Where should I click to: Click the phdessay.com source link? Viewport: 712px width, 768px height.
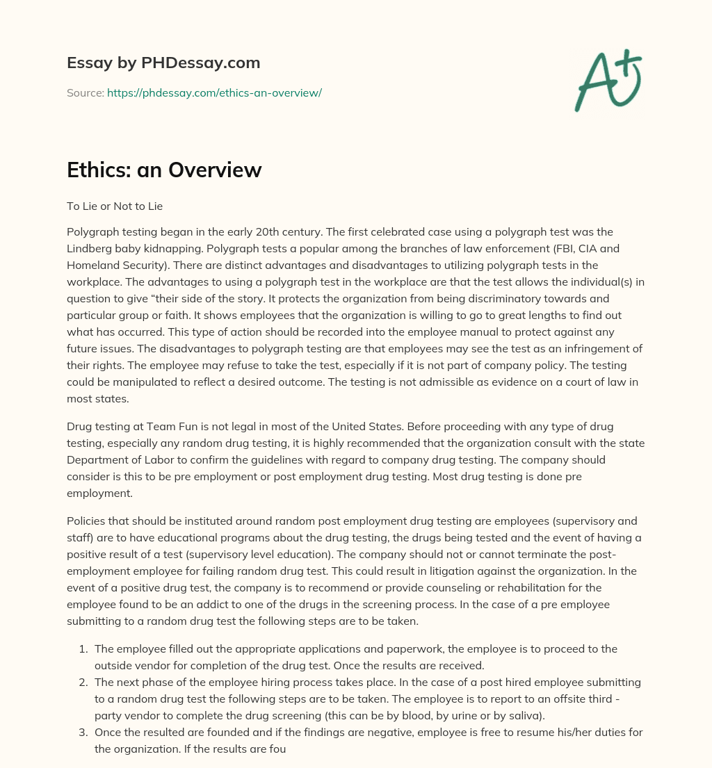pos(214,92)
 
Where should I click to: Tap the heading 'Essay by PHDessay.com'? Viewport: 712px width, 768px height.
pos(163,63)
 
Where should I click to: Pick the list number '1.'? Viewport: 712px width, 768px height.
pos(83,649)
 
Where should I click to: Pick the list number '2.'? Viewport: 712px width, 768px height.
pos(83,683)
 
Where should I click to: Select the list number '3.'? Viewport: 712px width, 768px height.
pos(83,733)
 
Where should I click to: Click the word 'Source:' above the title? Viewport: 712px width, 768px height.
pos(85,92)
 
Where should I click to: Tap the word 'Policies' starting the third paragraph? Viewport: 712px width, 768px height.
pos(88,521)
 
